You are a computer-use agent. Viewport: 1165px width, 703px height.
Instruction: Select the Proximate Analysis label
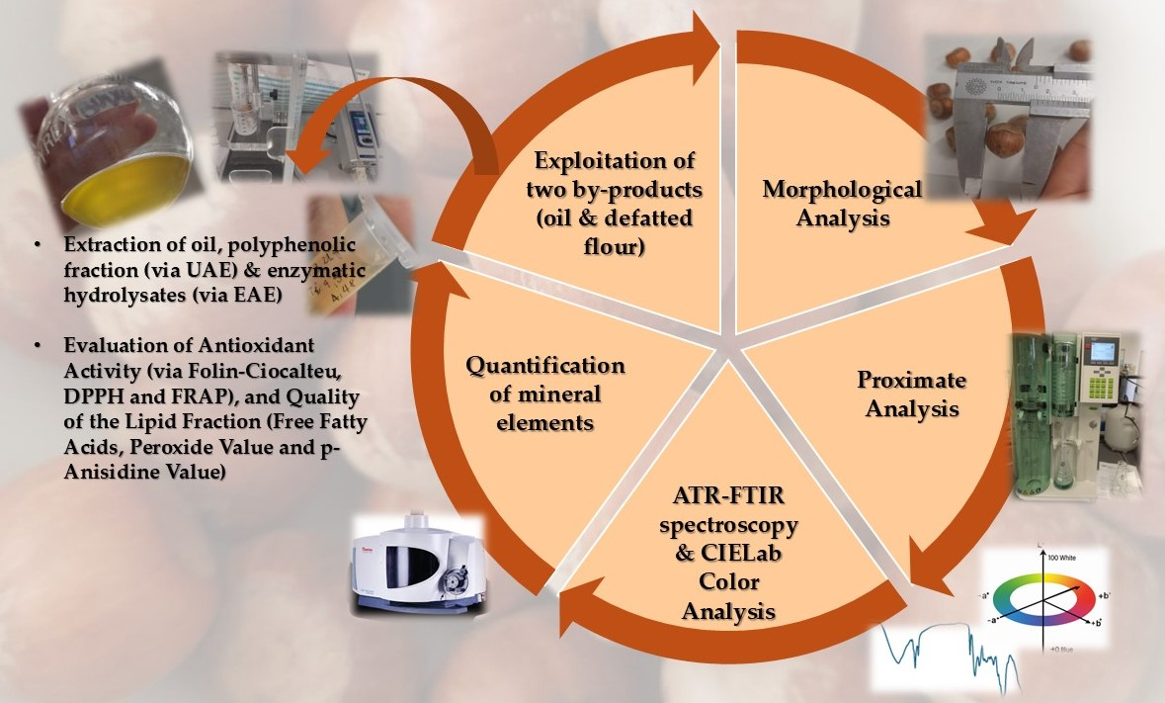(x=911, y=393)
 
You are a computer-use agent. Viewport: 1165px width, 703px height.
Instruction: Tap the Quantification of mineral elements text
(x=544, y=395)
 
